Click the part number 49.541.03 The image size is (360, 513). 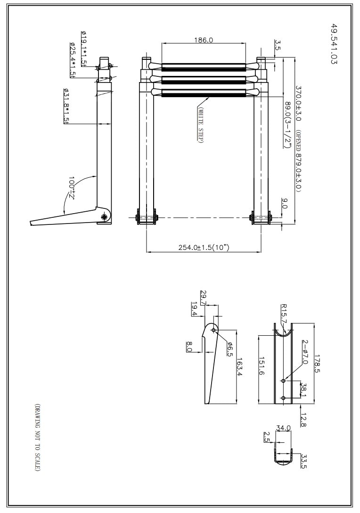point(333,43)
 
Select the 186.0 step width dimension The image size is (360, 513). point(204,40)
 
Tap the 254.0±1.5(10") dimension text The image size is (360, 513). point(204,248)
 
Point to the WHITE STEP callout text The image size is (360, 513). point(200,125)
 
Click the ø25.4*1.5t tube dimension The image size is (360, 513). point(72,60)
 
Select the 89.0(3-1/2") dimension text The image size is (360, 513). point(288,124)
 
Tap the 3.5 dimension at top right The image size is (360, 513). point(278,45)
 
